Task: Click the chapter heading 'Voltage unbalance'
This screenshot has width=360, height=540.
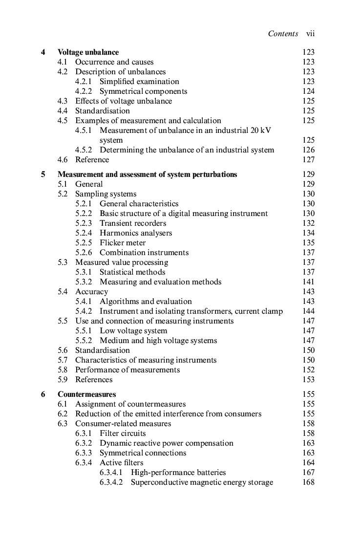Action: click(x=88, y=52)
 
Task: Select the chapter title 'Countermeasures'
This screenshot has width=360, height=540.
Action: click(x=86, y=394)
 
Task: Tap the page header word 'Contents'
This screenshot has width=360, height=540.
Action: click(x=283, y=34)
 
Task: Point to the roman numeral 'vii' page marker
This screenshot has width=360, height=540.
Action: click(x=310, y=34)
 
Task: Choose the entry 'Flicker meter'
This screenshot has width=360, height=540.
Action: click(x=123, y=243)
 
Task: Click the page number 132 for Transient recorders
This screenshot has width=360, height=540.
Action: click(x=308, y=223)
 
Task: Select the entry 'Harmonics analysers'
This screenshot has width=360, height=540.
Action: click(x=136, y=233)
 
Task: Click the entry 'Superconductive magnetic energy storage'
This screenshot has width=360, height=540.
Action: click(x=202, y=482)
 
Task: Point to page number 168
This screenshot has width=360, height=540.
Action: click(x=308, y=482)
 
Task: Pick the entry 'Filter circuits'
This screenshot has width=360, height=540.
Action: click(x=123, y=433)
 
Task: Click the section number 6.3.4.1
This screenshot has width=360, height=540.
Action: click(x=111, y=473)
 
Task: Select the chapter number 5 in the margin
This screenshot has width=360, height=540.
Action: click(x=43, y=174)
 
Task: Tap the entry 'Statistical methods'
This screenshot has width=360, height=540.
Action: click(x=132, y=272)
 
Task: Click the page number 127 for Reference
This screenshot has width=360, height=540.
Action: click(x=308, y=160)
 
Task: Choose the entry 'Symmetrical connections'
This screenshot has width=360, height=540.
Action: click(x=143, y=453)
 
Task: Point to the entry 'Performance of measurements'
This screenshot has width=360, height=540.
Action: click(x=127, y=370)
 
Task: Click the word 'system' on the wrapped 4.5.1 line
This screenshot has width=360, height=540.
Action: click(x=111, y=140)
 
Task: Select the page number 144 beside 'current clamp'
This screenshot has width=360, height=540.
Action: click(x=308, y=311)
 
